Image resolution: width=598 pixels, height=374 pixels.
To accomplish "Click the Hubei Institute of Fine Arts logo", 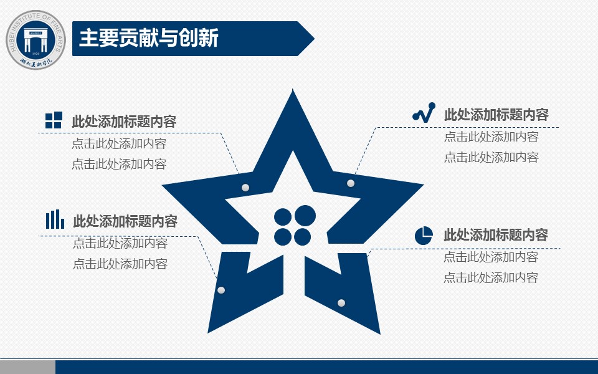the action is click(x=36, y=40).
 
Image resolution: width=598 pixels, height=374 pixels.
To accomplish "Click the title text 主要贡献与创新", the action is click(x=149, y=38).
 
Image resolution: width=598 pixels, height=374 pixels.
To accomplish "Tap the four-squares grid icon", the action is click(x=54, y=120).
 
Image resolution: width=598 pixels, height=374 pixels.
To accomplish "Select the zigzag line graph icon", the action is click(x=424, y=112).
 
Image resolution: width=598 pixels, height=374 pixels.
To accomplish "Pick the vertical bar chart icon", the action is click(x=55, y=219).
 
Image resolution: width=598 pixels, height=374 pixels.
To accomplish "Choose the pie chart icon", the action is click(x=424, y=235).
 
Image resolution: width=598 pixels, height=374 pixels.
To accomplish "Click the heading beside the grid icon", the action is click(x=124, y=122).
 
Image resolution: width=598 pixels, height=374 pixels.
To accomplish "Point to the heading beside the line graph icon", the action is click(x=496, y=115).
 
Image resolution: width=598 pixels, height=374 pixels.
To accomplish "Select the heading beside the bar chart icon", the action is click(x=125, y=221).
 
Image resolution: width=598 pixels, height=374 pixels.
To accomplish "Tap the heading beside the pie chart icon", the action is click(x=496, y=235).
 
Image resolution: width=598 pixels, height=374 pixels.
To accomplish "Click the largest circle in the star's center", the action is click(x=305, y=216).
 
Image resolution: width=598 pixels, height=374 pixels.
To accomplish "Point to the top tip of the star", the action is click(x=293, y=89).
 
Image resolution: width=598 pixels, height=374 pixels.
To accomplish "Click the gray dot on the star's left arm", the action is click(x=245, y=188).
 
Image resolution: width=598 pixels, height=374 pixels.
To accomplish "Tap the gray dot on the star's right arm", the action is click(x=351, y=183).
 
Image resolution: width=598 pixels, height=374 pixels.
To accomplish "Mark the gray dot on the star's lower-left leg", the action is click(x=221, y=290).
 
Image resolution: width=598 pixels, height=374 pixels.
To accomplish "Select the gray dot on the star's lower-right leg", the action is click(x=341, y=303).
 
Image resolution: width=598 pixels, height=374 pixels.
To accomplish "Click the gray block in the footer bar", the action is click(x=27, y=367).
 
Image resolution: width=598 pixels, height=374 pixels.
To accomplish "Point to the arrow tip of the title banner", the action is click(x=314, y=39).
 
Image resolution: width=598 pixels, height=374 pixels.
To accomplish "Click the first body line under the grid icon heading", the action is click(x=119, y=143).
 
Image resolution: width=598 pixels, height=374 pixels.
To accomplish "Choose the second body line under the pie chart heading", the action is click(x=491, y=277).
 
